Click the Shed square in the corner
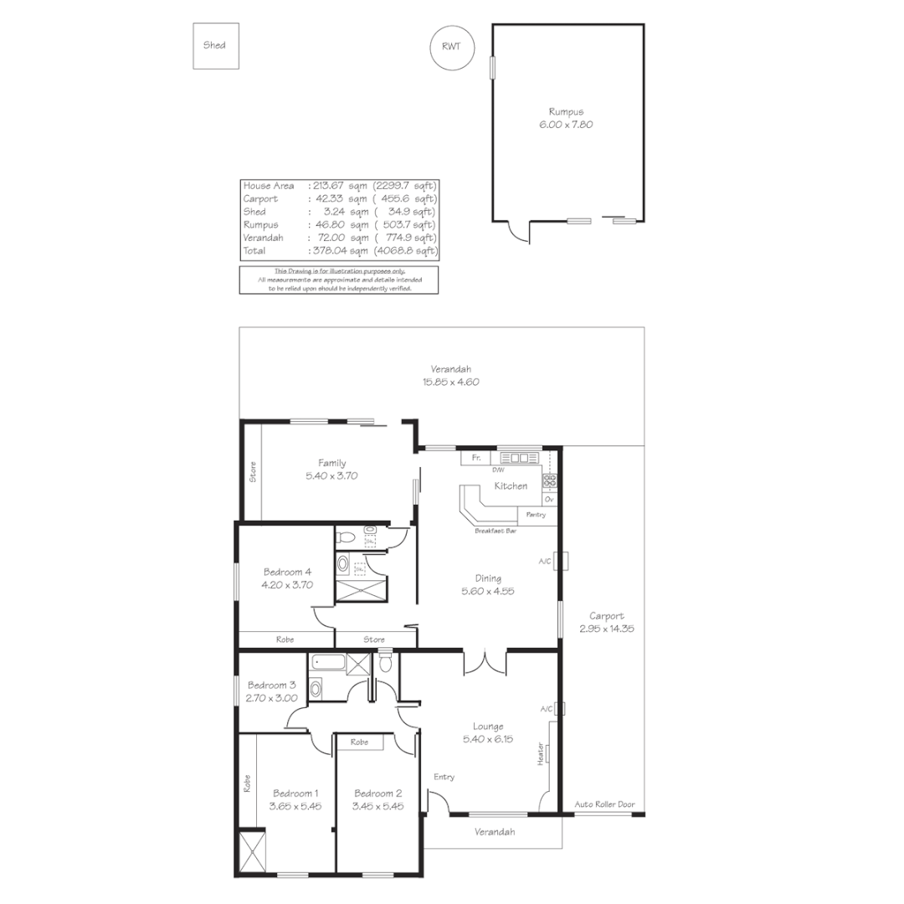pyautogui.click(x=214, y=45)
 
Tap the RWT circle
pyautogui.click(x=451, y=46)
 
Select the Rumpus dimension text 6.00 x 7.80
pyautogui.click(x=566, y=124)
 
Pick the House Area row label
pyautogui.click(x=268, y=186)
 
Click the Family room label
pyautogui.click(x=331, y=463)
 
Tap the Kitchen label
pyautogui.click(x=511, y=485)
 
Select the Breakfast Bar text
pyautogui.click(x=496, y=531)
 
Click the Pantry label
pyautogui.click(x=536, y=515)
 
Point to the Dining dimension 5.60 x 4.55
pyautogui.click(x=488, y=590)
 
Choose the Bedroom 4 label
pyautogui.click(x=287, y=573)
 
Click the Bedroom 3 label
pyautogui.click(x=271, y=685)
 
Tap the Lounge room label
pyautogui.click(x=488, y=727)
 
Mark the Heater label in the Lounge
pyautogui.click(x=542, y=753)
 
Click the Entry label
pyautogui.click(x=444, y=777)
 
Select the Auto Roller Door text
pyautogui.click(x=604, y=804)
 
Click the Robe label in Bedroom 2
pyautogui.click(x=360, y=742)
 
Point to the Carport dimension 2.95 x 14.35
pyautogui.click(x=606, y=628)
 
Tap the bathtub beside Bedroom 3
pyautogui.click(x=326, y=665)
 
